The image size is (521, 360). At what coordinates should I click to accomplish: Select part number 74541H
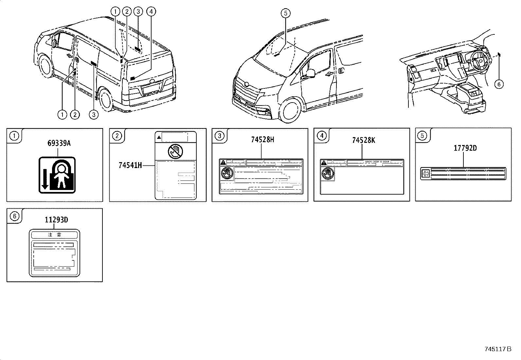[x=130, y=166]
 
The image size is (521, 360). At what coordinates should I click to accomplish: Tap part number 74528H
[x=262, y=140]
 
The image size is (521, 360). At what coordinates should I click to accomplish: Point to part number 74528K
[x=363, y=140]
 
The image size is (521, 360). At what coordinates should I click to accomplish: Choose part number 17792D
[x=465, y=148]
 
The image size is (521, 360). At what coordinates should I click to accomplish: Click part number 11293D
[x=56, y=220]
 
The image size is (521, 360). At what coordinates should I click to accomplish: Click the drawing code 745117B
[x=498, y=349]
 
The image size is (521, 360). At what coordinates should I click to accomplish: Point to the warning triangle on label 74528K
[x=324, y=162]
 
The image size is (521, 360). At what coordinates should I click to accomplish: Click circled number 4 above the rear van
[x=150, y=12]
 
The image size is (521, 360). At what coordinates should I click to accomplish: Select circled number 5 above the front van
[x=285, y=13]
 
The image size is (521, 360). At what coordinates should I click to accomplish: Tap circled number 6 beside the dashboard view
[x=498, y=84]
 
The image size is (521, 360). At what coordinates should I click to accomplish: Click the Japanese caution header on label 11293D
[x=54, y=235]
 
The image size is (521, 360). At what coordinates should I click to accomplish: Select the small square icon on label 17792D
[x=426, y=173]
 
